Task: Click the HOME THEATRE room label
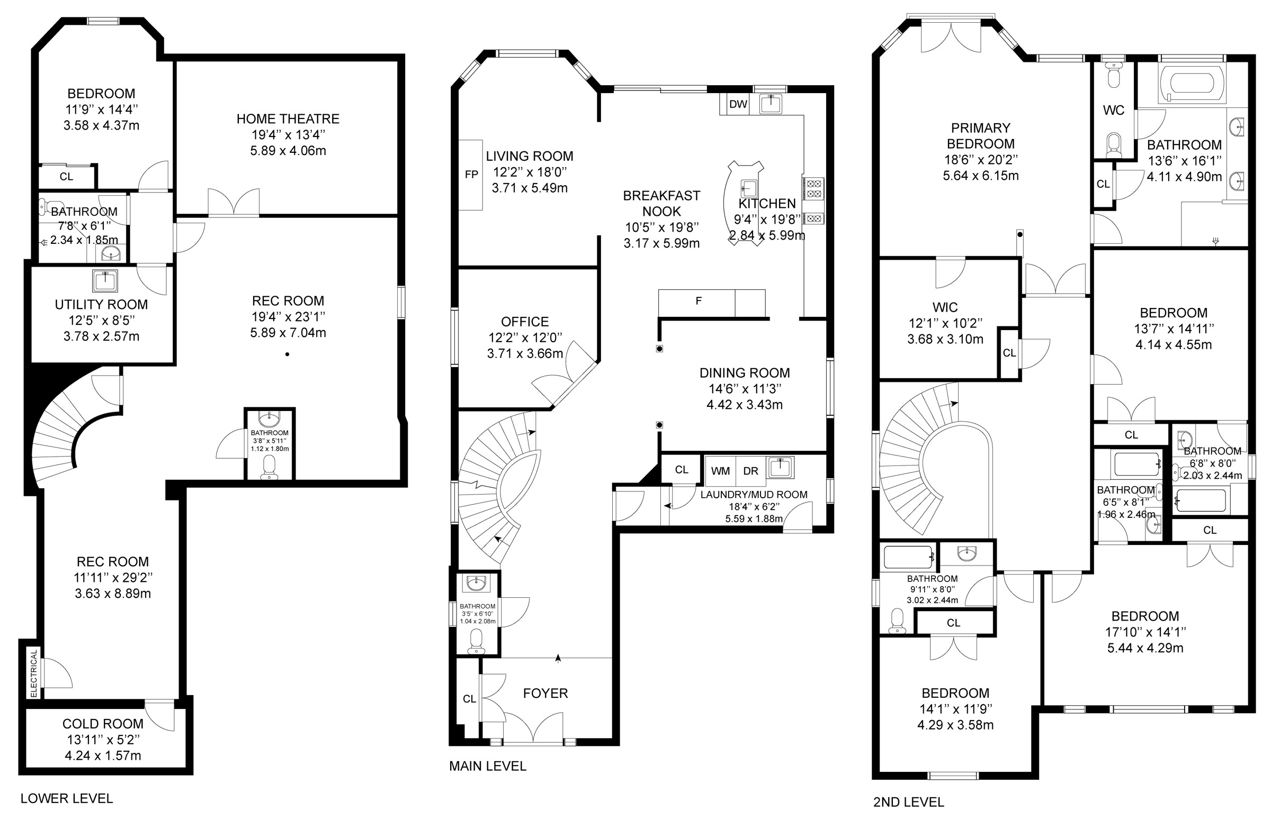[288, 119]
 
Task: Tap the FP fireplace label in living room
[471, 174]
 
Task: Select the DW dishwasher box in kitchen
[738, 104]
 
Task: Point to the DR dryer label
[750, 471]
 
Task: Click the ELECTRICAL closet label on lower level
[33, 673]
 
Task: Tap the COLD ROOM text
[103, 724]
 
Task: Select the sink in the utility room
[105, 280]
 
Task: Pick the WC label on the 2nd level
[1113, 110]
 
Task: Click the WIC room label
[945, 307]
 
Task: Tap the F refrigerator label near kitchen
[698, 302]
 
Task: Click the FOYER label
[545, 693]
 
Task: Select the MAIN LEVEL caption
[487, 766]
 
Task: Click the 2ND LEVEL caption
[908, 802]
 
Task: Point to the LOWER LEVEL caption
[67, 799]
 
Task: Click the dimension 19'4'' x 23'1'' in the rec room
[288, 317]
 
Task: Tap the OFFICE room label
[524, 322]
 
